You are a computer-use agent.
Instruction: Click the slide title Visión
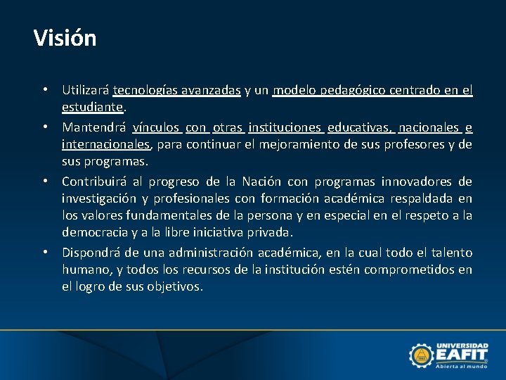coord(65,38)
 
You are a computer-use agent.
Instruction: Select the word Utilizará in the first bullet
coord(85,90)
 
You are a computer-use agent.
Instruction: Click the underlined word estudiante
coord(93,108)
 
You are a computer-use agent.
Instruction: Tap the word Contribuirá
coord(96,182)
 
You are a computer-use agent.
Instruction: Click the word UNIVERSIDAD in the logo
coord(462,346)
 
